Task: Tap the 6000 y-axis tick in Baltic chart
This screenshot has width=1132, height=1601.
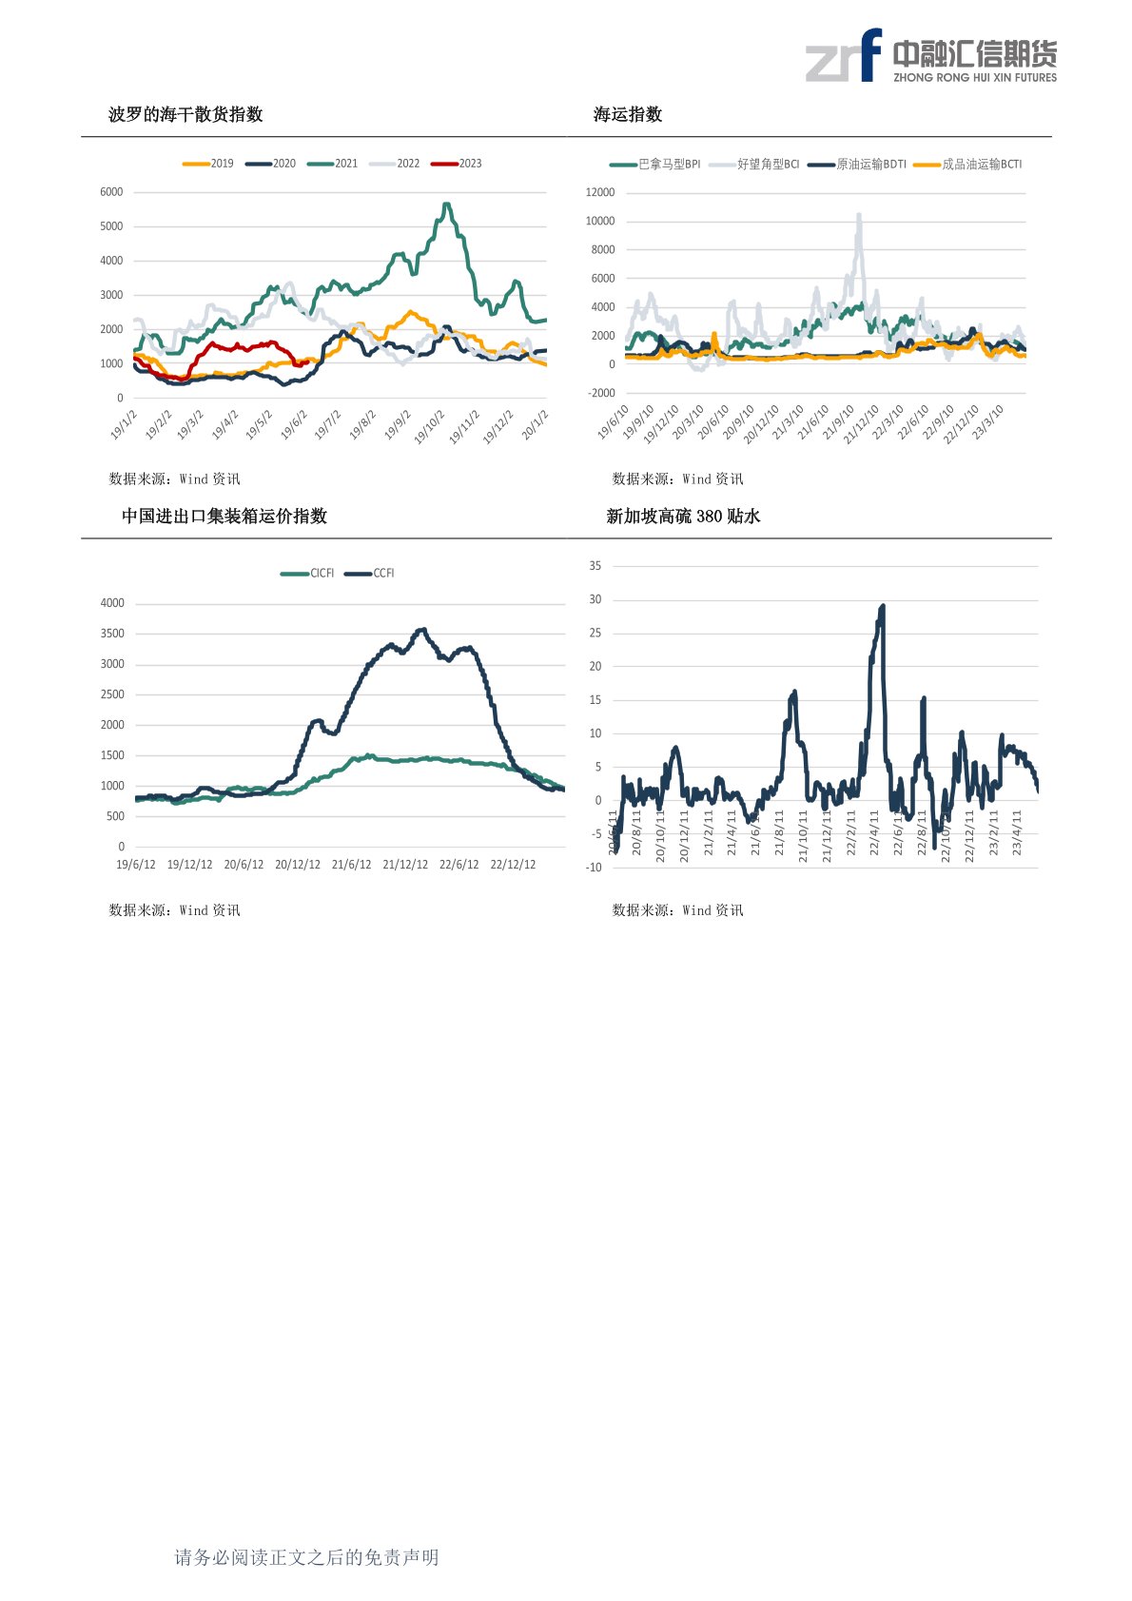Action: point(111,192)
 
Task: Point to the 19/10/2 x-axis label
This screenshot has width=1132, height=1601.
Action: point(429,427)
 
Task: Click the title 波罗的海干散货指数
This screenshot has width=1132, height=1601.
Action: point(185,114)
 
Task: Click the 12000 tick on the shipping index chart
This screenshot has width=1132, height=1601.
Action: point(600,192)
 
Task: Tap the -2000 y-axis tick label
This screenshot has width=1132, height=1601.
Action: point(601,393)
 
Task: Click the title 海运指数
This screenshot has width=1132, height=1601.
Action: point(628,114)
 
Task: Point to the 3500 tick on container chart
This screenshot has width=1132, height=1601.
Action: point(112,634)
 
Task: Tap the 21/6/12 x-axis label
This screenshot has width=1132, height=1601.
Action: point(352,865)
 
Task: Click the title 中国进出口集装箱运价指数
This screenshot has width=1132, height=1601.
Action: point(224,516)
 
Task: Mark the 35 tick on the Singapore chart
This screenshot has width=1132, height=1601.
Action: point(595,566)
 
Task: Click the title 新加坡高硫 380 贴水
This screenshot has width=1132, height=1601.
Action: point(683,516)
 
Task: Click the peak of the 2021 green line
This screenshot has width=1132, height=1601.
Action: point(446,205)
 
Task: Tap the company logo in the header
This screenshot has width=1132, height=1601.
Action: point(930,56)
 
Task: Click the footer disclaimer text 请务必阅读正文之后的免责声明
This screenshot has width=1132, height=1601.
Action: point(306,1557)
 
